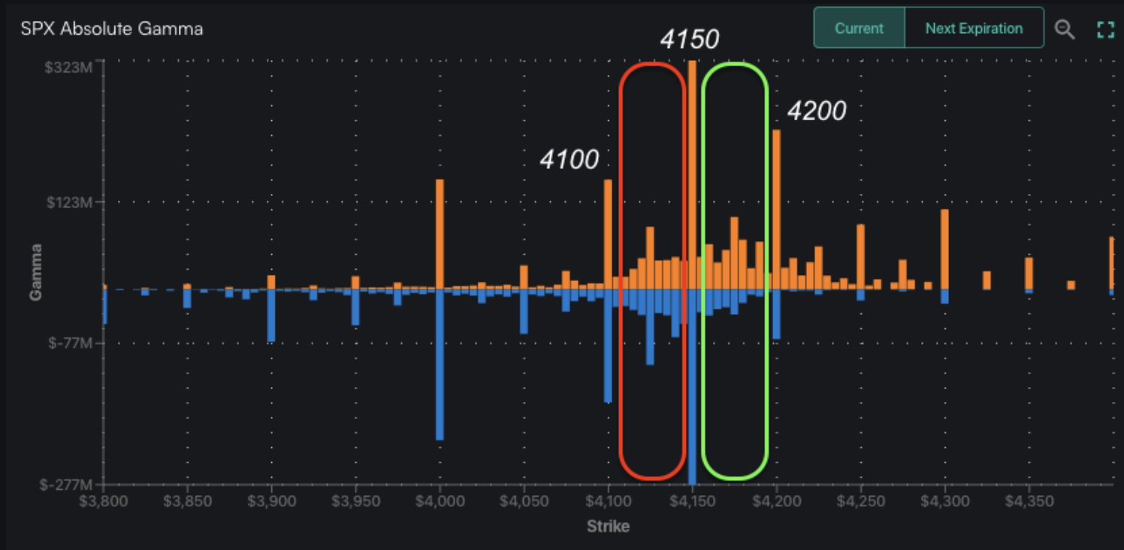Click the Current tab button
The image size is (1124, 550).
[x=859, y=29]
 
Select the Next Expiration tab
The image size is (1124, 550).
[x=974, y=29]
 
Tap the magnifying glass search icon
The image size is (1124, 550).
[x=1064, y=29]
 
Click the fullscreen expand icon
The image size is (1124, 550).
[x=1104, y=29]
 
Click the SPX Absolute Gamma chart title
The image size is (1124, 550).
[x=112, y=29]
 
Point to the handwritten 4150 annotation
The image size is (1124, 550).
[x=689, y=39]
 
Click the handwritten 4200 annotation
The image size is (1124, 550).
[x=816, y=111]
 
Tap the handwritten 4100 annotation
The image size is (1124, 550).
[x=569, y=159]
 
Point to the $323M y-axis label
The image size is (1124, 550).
[x=68, y=68]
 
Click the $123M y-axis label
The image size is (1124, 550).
[x=68, y=203]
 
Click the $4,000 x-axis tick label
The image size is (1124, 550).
[x=440, y=500]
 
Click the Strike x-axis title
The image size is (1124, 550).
[x=608, y=526]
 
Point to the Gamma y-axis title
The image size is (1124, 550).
[x=35, y=272]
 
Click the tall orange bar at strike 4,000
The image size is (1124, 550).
[x=440, y=233]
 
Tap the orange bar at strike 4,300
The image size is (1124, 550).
[x=944, y=248]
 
